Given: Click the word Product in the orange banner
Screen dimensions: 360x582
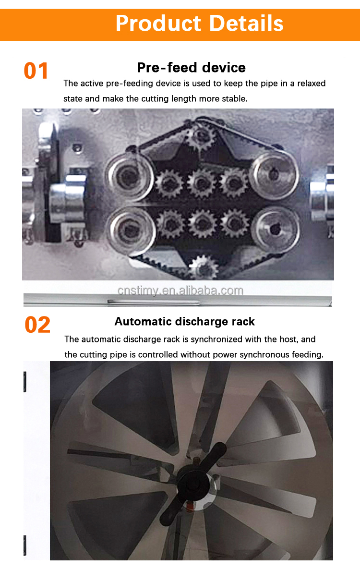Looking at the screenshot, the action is coord(158,24).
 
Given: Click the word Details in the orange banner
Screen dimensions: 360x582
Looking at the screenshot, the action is coord(246,24).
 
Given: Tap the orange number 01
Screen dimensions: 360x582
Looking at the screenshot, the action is coord(36,71).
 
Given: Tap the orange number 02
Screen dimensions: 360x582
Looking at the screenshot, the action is coord(37,325).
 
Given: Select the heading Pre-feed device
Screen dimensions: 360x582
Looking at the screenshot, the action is coord(192,68).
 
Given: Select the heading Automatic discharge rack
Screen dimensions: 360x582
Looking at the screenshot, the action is coord(185,321).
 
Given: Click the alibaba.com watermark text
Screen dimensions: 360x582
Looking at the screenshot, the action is coord(180,291).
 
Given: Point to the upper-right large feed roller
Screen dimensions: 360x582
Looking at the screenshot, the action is coord(274,175).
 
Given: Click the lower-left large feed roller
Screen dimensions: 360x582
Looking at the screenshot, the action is coord(131,230).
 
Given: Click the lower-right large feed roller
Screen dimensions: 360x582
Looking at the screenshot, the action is coord(276,229).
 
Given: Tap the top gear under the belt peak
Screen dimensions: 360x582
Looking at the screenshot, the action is coord(201,137).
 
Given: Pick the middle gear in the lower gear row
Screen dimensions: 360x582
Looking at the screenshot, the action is coord(203,223).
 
